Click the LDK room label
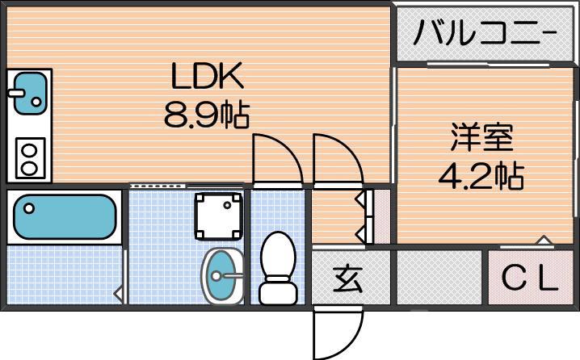(x=206, y=78)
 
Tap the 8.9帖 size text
(x=206, y=115)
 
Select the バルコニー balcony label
(x=485, y=34)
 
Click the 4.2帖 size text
(x=481, y=174)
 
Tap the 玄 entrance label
(x=349, y=278)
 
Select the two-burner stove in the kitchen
(x=29, y=159)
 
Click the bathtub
(x=62, y=216)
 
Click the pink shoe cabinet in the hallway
(x=376, y=216)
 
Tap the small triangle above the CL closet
(x=543, y=240)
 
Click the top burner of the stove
(x=29, y=151)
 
